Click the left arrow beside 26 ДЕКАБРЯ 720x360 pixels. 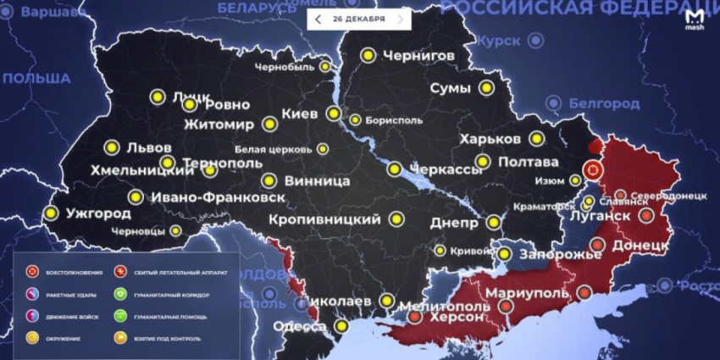318,19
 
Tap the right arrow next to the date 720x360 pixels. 401,19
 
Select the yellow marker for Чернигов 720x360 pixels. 368,55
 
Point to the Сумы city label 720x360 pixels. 451,88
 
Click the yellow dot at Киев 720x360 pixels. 335,114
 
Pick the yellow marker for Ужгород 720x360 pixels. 50,213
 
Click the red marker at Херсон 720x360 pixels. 414,317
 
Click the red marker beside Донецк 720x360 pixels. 597,246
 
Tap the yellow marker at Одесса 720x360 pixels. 341,325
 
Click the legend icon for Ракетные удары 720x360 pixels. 32,295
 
